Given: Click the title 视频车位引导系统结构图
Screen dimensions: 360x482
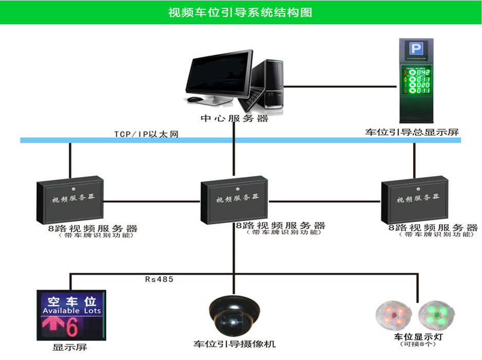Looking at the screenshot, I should pyautogui.click(x=240, y=12).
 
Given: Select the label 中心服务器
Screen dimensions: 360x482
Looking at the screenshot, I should pyautogui.click(x=234, y=119).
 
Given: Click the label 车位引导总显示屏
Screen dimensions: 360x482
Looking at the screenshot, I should pyautogui.click(x=412, y=132).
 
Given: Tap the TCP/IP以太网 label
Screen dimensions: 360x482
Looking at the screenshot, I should pyautogui.click(x=146, y=134).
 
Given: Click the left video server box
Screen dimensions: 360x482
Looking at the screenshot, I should pyautogui.click(x=70, y=200).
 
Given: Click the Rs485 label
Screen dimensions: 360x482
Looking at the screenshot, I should pyautogui.click(x=159, y=280).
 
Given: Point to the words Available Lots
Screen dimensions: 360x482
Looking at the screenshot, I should pyautogui.click(x=71, y=311).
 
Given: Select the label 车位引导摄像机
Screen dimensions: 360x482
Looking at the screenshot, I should pyautogui.click(x=234, y=344).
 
